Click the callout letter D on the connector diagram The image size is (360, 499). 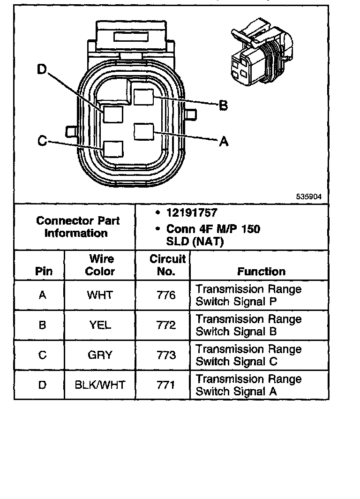pos(43,69)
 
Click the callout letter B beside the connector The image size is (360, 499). pos(224,106)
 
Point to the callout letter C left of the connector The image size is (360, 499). pos(42,141)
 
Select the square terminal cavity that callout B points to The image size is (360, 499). pos(144,97)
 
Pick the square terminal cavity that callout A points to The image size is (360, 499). pos(144,131)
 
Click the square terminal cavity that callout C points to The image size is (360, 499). pos(113,149)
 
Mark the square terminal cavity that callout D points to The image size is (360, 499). pos(113,114)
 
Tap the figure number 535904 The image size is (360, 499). pos(308,197)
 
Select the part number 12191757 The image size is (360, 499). pos(192,213)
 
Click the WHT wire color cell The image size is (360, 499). pos(100,295)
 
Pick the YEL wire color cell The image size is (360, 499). pos(100,325)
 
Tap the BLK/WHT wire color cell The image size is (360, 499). pos(100,385)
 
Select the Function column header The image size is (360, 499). pos(261,271)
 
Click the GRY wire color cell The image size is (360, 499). pos(100,355)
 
